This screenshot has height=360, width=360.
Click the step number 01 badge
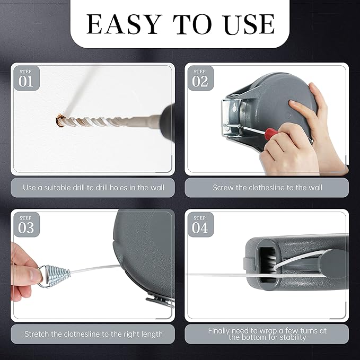pos(26,78)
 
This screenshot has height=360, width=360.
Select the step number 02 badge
pos(200,78)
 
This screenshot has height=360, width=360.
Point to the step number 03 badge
pos(26,225)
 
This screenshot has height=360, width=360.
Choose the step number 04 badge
pos(200,225)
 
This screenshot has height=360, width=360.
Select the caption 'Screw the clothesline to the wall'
pos(267,188)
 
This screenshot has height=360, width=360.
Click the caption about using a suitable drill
pos(93,188)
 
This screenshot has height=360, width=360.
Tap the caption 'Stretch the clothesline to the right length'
pos(93,335)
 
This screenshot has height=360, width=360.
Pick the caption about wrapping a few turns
pos(267,334)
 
